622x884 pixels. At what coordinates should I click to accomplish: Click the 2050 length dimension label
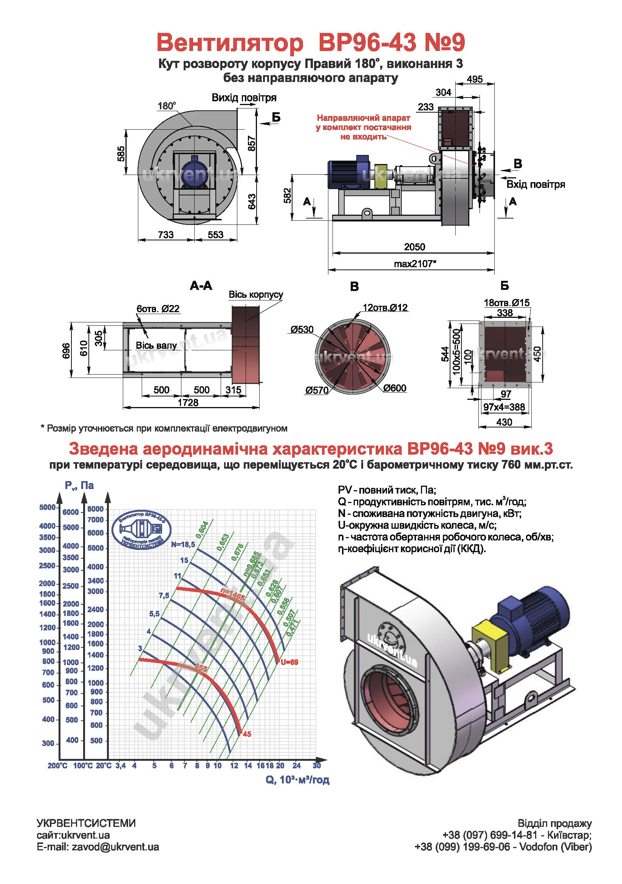414,247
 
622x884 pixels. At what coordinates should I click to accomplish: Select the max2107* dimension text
415,264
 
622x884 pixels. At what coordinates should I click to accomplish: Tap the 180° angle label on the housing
167,106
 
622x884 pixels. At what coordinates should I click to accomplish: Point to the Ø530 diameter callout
302,329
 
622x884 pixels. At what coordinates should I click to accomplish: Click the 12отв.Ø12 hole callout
385,307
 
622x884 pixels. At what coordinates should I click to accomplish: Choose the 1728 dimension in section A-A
188,403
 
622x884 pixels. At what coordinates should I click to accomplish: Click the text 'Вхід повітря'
535,184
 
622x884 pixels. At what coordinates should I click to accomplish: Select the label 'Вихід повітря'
244,98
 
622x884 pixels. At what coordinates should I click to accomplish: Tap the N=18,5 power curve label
183,544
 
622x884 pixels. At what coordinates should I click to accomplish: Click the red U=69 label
289,662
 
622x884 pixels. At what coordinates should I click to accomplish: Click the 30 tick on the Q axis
317,765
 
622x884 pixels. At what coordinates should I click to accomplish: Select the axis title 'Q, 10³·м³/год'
297,780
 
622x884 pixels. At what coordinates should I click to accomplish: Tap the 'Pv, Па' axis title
79,486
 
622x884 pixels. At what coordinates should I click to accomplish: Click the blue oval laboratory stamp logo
141,530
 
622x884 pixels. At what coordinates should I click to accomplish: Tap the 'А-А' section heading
201,285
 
